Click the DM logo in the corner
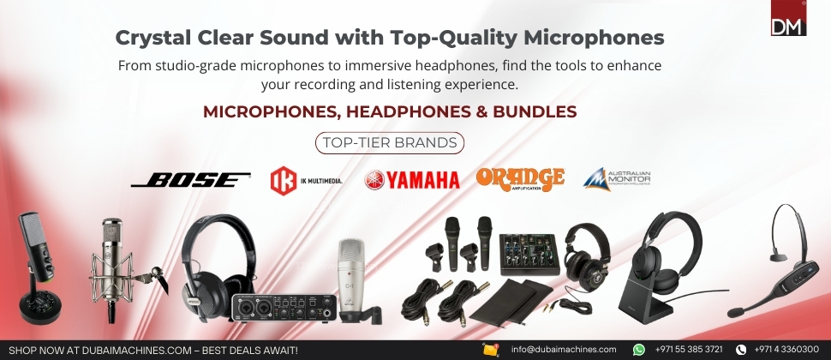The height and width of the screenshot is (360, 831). [x=788, y=17]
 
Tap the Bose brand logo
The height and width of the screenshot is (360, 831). [x=191, y=180]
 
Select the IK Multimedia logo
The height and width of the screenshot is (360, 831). [x=307, y=181]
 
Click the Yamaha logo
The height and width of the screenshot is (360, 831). [x=412, y=180]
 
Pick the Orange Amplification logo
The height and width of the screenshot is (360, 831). [x=520, y=179]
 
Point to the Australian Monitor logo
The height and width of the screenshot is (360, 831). [x=616, y=179]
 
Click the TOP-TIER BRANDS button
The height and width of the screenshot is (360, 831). [x=390, y=142]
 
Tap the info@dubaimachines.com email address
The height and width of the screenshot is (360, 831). [x=564, y=350]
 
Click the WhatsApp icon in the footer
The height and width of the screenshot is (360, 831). [x=639, y=350]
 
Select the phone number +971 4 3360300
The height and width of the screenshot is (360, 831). [x=786, y=350]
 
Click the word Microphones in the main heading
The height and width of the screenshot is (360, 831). [x=594, y=39]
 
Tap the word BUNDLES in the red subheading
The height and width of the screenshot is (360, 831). [x=535, y=112]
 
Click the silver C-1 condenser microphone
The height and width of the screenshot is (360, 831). [x=352, y=280]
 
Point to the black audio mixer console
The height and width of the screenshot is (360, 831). [x=529, y=254]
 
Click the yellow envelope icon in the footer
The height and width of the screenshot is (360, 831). [x=491, y=350]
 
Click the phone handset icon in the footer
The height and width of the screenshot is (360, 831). [x=741, y=350]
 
